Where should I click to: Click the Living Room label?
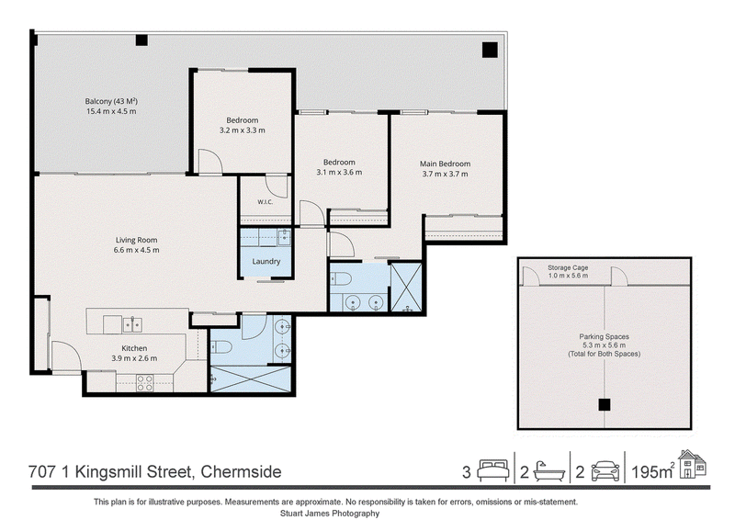tap(136, 240)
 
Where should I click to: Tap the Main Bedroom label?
tap(445, 164)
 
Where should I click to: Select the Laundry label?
tap(266, 262)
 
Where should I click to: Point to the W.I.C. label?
tap(266, 202)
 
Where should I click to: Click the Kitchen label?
tap(134, 348)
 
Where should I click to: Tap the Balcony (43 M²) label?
tap(111, 101)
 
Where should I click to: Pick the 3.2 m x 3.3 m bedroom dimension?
tap(243, 130)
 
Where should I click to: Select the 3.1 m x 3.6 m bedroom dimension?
tap(339, 172)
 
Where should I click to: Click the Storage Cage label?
tap(568, 267)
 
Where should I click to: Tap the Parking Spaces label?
tap(605, 336)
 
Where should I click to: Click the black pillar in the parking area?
tap(605, 404)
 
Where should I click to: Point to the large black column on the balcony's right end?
tap(490, 50)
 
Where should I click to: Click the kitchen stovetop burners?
tap(144, 382)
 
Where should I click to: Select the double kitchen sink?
tap(132, 325)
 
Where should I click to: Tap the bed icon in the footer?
tap(493, 470)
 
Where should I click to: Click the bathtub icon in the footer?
tap(549, 470)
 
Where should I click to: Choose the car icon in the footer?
tap(605, 471)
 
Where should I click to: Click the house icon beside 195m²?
tap(693, 464)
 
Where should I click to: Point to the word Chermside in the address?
tap(241, 471)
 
